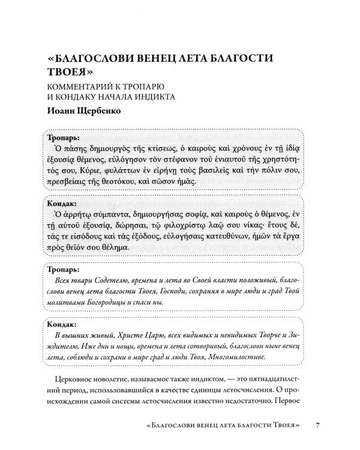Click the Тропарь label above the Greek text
pyautogui.click(x=61, y=136)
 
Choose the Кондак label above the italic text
pyautogui.click(x=60, y=325)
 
